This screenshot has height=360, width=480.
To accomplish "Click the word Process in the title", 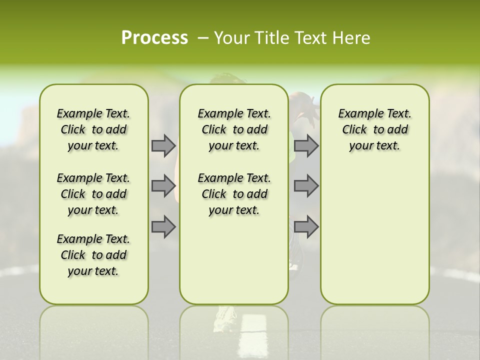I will pyautogui.click(x=154, y=37).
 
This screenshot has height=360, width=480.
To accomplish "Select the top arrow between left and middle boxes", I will pyautogui.click(x=163, y=145).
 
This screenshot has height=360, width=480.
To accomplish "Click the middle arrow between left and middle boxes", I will pyautogui.click(x=163, y=186).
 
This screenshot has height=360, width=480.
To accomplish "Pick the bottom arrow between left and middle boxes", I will pyautogui.click(x=163, y=226).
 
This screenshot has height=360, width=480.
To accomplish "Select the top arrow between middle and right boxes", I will pyautogui.click(x=306, y=145).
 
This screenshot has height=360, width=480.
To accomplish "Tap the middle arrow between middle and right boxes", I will pyautogui.click(x=306, y=186).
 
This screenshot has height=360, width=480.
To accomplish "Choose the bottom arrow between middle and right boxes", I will pyautogui.click(x=306, y=226).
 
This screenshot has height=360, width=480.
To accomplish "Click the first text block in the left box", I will pyautogui.click(x=93, y=129).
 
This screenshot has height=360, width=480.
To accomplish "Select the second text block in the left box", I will pyautogui.click(x=93, y=194).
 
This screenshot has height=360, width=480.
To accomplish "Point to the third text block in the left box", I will pyautogui.click(x=93, y=255).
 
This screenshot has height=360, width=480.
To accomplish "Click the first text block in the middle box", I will pyautogui.click(x=234, y=129).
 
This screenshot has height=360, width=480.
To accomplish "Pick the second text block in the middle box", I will pyautogui.click(x=234, y=194).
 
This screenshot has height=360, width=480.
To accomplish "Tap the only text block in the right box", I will pyautogui.click(x=374, y=129).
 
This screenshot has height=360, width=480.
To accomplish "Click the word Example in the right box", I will pyautogui.click(x=356, y=114).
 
